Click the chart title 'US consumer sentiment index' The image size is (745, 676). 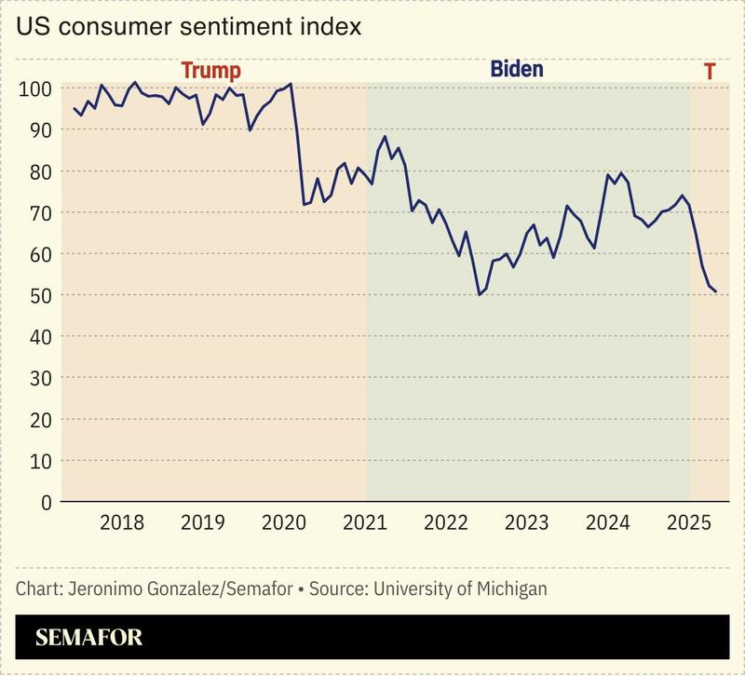pos(189,26)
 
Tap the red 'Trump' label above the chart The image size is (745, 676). pos(210,71)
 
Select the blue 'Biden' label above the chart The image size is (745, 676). pos(516,70)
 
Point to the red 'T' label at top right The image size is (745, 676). pos(710,71)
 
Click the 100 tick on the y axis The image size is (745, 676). pos(34,89)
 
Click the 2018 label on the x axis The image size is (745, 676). pos(122,521)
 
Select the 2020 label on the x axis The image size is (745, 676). pos(285,521)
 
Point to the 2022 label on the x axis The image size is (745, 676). pos(448,521)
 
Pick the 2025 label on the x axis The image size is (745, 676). pos(690,521)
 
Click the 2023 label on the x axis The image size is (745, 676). pos(528,521)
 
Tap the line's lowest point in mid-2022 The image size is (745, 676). pos(479,294)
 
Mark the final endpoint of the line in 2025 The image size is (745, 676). pos(715,292)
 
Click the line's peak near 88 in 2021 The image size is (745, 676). pos(386,137)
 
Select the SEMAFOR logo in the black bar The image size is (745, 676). pos(88,639)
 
